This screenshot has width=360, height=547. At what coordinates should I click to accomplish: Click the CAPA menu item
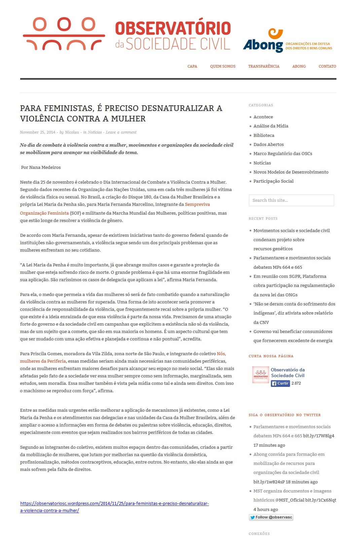[x=192, y=66]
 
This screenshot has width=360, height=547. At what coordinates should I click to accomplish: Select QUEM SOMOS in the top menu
[x=223, y=66]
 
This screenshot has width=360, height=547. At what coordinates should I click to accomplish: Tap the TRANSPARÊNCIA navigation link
[x=264, y=66]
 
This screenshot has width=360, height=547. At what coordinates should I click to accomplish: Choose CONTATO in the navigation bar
[x=327, y=66]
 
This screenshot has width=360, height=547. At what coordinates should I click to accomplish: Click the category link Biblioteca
[x=264, y=135]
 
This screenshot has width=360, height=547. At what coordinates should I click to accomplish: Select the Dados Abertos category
[x=268, y=144]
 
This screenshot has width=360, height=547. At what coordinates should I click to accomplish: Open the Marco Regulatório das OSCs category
[x=283, y=153]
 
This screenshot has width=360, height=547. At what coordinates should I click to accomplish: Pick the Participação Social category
[x=273, y=181]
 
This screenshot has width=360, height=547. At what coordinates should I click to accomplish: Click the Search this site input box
[x=291, y=200]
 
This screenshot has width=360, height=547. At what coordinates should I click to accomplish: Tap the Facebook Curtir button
[x=280, y=383]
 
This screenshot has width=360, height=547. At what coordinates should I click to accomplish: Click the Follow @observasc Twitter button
[x=271, y=517]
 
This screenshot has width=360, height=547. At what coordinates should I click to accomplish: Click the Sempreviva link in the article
[x=197, y=204]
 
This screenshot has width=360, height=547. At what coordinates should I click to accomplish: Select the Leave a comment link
[x=121, y=132]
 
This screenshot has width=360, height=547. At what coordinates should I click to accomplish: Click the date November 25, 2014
[x=37, y=132]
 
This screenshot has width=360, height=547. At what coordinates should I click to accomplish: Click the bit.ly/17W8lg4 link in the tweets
[x=318, y=436]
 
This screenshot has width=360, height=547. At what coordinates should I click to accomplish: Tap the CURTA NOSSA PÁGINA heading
[x=271, y=356]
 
